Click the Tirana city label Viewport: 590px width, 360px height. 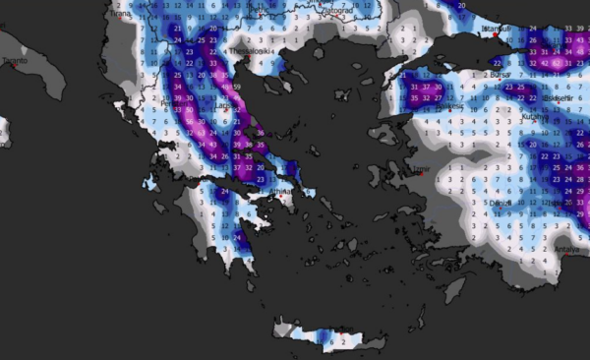pos(121,14)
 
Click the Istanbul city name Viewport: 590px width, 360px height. pos(501,29)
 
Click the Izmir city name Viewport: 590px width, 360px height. pos(421,169)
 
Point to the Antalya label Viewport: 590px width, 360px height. pos(566,249)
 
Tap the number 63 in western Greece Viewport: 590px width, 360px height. pos(199,132)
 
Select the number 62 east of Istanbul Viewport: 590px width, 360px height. pos(558,62)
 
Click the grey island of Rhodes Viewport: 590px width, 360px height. pos(452,288)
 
